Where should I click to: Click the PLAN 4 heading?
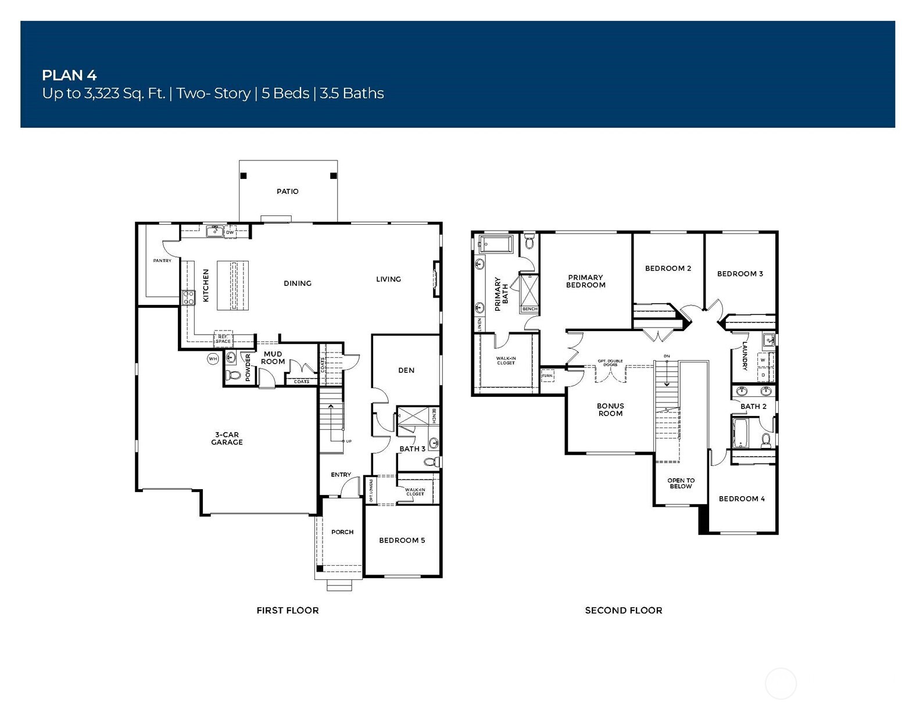(x=69, y=75)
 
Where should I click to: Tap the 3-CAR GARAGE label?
(x=227, y=439)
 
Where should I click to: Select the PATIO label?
(x=288, y=191)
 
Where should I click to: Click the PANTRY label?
(x=162, y=261)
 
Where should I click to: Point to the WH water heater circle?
(x=213, y=359)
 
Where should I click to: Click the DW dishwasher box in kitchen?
(x=230, y=232)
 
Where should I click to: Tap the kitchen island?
(x=232, y=286)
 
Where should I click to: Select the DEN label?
(x=406, y=370)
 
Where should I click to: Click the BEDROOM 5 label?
(x=402, y=540)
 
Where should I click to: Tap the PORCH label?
(x=342, y=532)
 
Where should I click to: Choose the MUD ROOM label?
(x=273, y=357)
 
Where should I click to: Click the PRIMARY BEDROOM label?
(x=585, y=281)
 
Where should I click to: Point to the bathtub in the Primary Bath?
(x=495, y=244)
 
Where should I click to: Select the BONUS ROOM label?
(x=610, y=410)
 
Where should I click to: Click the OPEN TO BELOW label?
(x=681, y=483)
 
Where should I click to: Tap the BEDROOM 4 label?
(x=742, y=498)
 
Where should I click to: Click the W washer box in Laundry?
(x=763, y=360)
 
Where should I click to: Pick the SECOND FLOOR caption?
(x=624, y=610)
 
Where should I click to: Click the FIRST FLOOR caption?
(x=288, y=610)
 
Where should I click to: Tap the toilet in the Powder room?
(x=234, y=375)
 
